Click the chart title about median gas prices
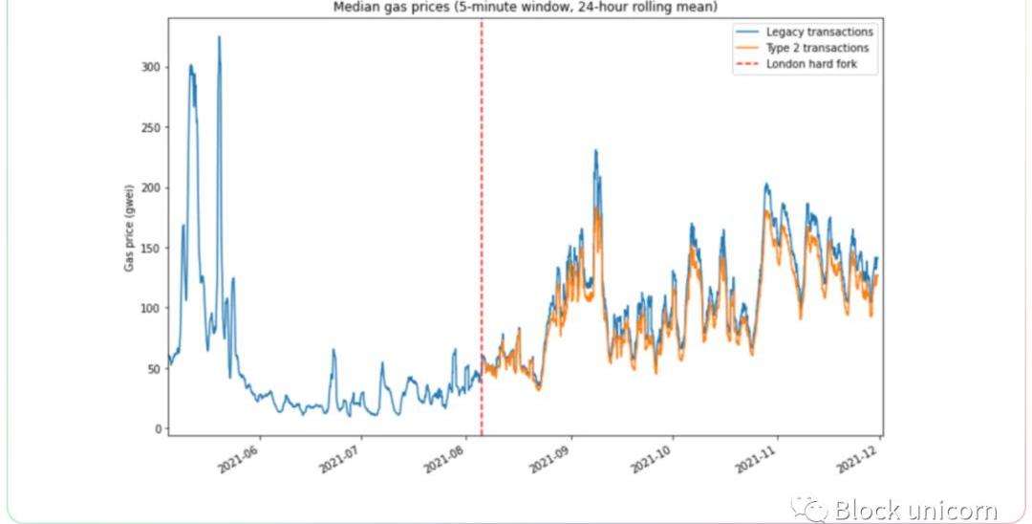click(x=525, y=8)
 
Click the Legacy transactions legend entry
click(x=819, y=33)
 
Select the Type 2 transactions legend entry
click(x=817, y=48)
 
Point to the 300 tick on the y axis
click(x=150, y=67)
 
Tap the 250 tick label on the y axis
click(x=150, y=127)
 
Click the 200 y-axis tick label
click(x=150, y=187)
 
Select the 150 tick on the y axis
click(x=150, y=248)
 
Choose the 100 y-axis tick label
click(x=150, y=308)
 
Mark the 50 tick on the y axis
click(x=153, y=368)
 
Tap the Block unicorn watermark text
click(x=915, y=509)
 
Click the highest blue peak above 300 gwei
click(x=219, y=38)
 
